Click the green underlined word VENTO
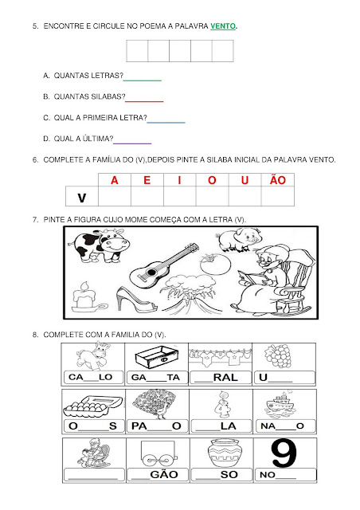(223, 26)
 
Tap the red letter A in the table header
(115, 180)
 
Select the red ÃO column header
(278, 179)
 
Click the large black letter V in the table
(82, 198)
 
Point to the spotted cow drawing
(100, 245)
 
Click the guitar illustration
(163, 265)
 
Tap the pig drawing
(238, 240)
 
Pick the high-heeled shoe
(136, 300)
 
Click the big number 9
(284, 453)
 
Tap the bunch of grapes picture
(278, 356)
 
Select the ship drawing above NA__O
(280, 405)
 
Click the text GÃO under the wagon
(164, 475)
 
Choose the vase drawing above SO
(225, 453)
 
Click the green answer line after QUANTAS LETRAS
(143, 80)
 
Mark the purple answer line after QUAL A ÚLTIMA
(132, 143)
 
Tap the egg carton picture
(93, 406)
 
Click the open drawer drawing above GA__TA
(157, 358)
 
